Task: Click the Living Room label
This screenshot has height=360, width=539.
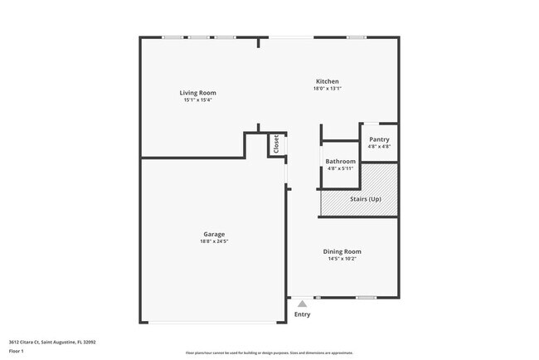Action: coord(197,92)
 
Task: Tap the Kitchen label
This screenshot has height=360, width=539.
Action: coord(327,81)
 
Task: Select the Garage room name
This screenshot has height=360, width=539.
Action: coord(214,234)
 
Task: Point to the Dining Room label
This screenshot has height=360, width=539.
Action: coord(342,251)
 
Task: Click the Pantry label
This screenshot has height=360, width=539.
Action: coord(379,139)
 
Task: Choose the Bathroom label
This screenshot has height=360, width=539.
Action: coord(340,161)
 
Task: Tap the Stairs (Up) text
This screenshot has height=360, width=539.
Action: coord(364,200)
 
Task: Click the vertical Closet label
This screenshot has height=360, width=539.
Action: coord(276,144)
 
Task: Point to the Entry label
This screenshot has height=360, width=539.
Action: coord(302,314)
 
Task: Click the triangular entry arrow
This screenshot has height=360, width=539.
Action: coord(302,304)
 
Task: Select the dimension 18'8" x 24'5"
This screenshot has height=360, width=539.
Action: coord(214,241)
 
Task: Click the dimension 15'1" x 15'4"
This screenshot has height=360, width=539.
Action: coord(197,100)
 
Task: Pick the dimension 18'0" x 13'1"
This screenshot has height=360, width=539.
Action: coord(327,89)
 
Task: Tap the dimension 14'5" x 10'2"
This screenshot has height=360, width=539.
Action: coord(342,259)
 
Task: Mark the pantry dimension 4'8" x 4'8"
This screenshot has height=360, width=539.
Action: coord(379,147)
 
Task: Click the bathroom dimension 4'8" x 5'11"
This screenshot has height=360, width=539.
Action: coord(340,168)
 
